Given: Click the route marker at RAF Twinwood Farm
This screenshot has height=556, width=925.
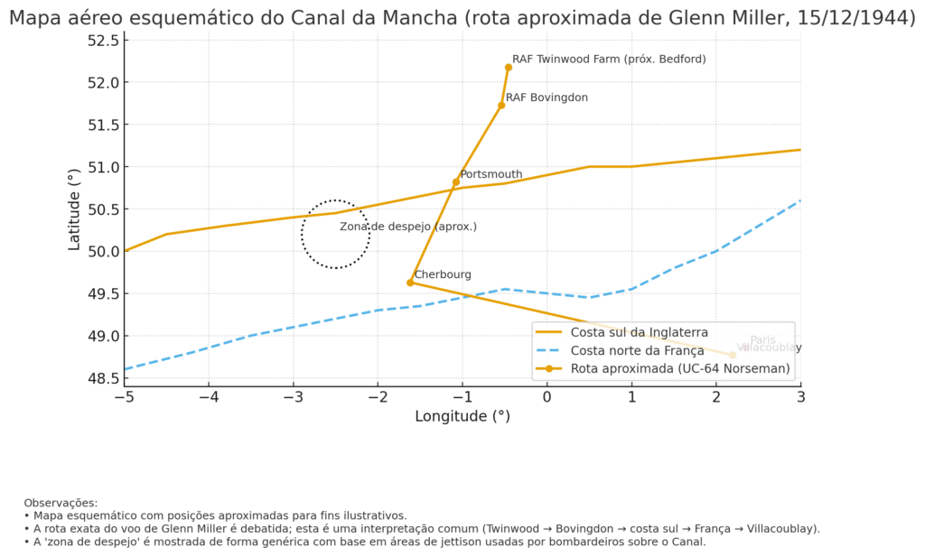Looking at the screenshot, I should click(509, 67).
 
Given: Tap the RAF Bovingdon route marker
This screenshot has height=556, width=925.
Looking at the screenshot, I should click(501, 106).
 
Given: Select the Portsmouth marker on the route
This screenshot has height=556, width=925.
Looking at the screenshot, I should click(456, 182).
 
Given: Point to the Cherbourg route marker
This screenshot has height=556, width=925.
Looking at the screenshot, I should click(410, 283).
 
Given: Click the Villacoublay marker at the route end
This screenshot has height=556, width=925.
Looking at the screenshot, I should click(733, 356).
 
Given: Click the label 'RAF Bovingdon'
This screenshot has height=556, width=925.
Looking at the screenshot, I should click(547, 97).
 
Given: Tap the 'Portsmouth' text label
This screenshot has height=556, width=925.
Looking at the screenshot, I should click(491, 174).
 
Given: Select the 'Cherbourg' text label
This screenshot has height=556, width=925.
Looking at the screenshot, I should click(443, 274).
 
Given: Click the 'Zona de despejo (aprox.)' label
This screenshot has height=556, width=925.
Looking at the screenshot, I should click(408, 227).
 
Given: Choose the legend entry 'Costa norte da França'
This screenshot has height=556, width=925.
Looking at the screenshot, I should click(637, 350).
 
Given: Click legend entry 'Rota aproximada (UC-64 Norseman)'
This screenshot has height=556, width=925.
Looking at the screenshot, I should click(680, 368).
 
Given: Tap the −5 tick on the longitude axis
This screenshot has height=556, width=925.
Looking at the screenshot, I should click(125, 396).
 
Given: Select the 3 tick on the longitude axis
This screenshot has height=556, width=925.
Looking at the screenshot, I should click(800, 396).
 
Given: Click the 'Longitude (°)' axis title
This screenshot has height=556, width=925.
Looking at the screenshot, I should click(462, 416).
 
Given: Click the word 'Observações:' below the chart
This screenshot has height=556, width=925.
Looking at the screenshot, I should click(61, 503).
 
